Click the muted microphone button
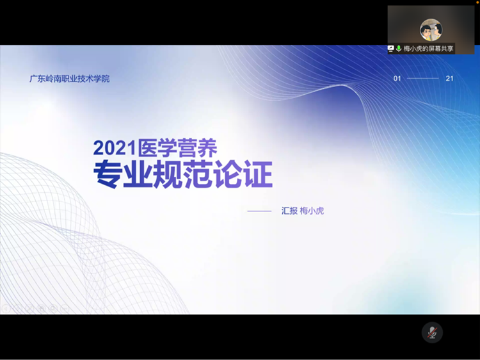point(433,332)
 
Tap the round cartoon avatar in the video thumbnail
point(431,29)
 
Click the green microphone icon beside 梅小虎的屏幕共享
point(399,49)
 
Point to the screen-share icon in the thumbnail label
point(390,49)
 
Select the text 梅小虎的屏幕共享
point(428,49)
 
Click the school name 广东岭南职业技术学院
point(70,79)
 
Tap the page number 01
point(397,79)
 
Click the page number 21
point(450,79)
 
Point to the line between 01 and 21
point(423,79)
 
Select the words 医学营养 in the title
point(177,149)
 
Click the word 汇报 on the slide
point(289,211)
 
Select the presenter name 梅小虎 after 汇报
point(312,211)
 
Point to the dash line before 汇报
point(259,211)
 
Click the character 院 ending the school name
point(106,79)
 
